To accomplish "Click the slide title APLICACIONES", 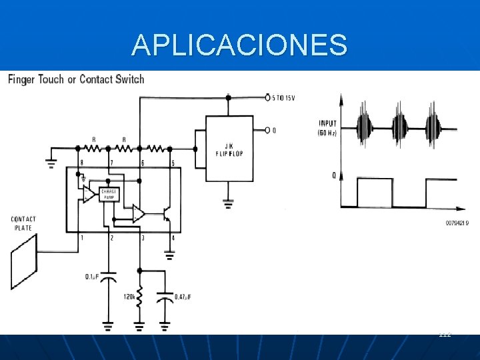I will pyautogui.click(x=239, y=45).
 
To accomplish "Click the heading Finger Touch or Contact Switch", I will pyautogui.click(x=76, y=80).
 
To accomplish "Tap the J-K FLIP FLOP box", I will pyautogui.click(x=229, y=148).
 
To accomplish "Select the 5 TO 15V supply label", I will pyautogui.click(x=284, y=97).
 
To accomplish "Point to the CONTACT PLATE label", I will pyautogui.click(x=23, y=223).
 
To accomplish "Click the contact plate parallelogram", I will pyautogui.click(x=24, y=261).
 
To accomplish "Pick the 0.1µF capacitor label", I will pyautogui.click(x=93, y=276).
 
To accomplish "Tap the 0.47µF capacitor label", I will pyautogui.click(x=184, y=297).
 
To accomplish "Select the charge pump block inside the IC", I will pyautogui.click(x=108, y=194).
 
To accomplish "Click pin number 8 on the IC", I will pyautogui.click(x=82, y=163).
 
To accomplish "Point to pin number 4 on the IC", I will pyautogui.click(x=173, y=238).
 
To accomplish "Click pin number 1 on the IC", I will pyautogui.click(x=82, y=238).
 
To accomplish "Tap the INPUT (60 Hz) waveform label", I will pyautogui.click(x=328, y=127).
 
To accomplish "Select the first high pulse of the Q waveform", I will pyautogui.click(x=375, y=192).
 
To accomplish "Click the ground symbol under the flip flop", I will pyautogui.click(x=229, y=202).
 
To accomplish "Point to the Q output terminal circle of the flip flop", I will pyautogui.click(x=267, y=130).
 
